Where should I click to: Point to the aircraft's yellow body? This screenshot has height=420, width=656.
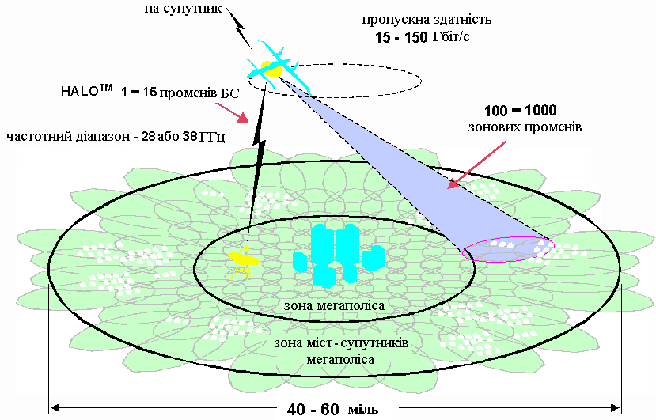click(272, 69)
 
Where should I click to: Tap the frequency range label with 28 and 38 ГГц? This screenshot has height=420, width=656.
click(116, 136)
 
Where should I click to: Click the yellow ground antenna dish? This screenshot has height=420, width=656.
click(241, 258)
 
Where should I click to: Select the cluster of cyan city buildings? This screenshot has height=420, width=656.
click(339, 253)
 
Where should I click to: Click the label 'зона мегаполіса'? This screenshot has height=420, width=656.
click(334, 305)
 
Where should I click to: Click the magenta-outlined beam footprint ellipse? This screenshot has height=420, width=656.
click(508, 249)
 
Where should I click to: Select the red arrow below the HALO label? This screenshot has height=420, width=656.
click(237, 115)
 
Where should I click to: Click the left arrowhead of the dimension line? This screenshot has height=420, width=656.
click(54, 407)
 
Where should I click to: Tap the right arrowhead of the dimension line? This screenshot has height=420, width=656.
click(616, 407)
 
